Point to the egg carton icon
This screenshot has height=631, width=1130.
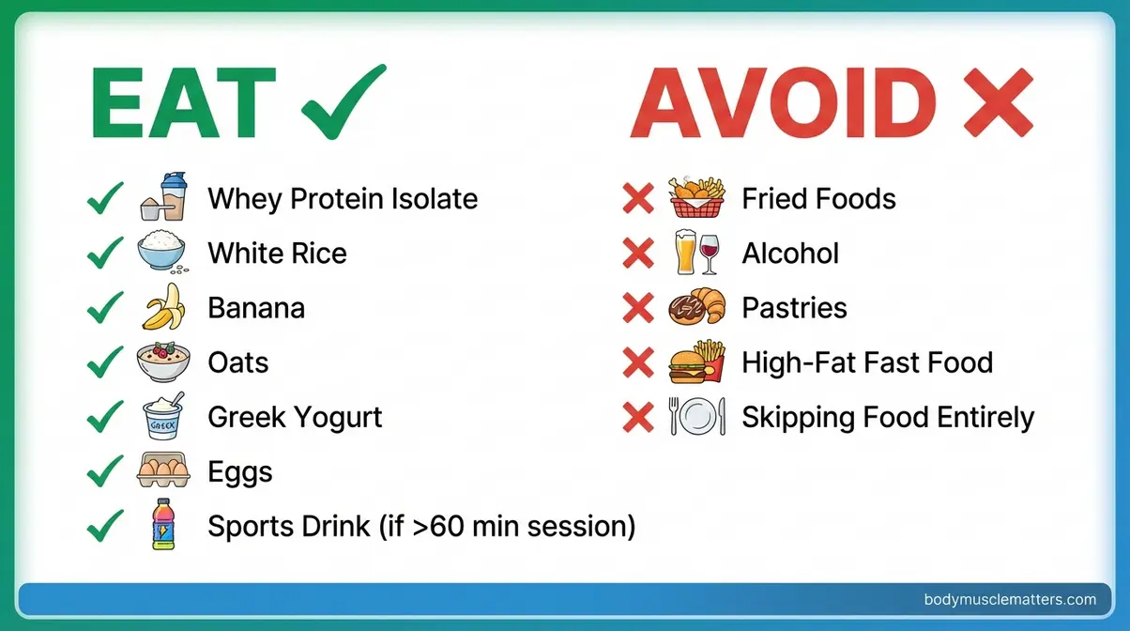tap(162, 470)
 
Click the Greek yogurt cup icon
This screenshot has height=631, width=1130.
tap(162, 416)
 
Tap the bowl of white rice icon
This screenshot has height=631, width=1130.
tap(162, 253)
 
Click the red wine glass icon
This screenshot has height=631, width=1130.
tap(710, 253)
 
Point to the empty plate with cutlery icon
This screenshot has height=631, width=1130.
tap(697, 416)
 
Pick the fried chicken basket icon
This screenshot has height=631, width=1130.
tap(697, 197)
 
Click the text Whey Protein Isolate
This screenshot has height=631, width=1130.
tap(343, 199)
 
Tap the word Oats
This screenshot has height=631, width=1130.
tap(238, 362)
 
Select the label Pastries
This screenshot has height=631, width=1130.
tap(794, 308)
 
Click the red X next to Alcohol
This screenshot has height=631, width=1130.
tap(638, 253)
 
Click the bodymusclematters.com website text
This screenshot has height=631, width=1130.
tap(1010, 599)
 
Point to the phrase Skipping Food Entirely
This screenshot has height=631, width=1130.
tap(888, 417)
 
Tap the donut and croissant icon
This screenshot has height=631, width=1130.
tap(697, 308)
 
